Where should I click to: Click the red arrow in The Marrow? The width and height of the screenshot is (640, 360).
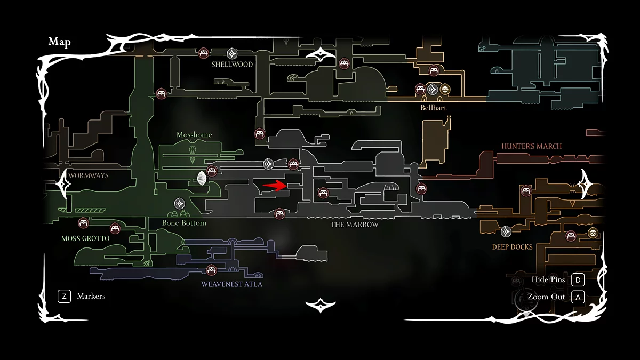(275, 186)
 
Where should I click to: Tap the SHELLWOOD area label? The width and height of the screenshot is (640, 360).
(231, 65)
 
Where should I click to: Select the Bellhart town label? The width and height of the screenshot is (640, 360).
(433, 108)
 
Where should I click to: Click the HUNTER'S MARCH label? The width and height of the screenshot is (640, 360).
(531, 146)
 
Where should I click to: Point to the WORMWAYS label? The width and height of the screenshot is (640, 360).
(89, 175)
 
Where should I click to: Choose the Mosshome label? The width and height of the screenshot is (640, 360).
(194, 135)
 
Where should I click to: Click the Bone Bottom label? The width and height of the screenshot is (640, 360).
(184, 223)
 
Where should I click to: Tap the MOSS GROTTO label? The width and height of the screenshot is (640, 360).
(85, 238)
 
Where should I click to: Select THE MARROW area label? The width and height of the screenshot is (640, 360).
(355, 225)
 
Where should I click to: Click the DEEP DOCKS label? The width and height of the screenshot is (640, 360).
(512, 247)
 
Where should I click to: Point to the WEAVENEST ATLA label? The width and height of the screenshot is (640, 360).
(231, 284)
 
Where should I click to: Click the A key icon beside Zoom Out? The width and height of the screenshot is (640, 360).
(578, 297)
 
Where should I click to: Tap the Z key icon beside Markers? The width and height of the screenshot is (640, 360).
(64, 296)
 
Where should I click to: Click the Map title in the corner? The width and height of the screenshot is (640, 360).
(59, 42)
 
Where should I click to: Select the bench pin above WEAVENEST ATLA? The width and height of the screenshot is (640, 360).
(211, 270)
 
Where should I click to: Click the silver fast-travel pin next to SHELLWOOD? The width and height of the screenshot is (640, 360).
(232, 53)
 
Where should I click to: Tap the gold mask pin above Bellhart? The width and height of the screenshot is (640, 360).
(445, 89)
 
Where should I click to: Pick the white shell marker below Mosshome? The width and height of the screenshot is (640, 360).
(202, 178)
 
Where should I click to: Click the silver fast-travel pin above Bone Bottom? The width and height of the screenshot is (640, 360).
(180, 203)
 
